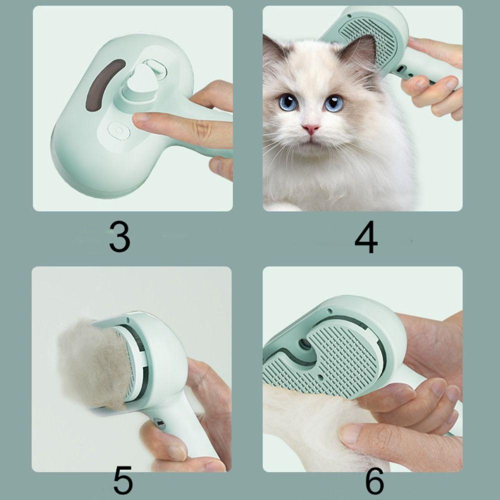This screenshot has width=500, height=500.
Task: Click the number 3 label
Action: point(119,236)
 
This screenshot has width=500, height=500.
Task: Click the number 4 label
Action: point(366,237)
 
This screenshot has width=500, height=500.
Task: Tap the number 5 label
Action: point(123,480)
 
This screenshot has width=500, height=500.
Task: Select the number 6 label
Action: point(374,480)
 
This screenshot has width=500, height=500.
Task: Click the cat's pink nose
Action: point(311,129)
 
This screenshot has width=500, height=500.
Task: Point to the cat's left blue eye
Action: point(288,102)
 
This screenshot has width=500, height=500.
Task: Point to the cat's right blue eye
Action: point(333,103)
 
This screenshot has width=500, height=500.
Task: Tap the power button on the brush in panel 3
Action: point(119,130)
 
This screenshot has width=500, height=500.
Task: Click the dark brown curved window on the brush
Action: point(104,85)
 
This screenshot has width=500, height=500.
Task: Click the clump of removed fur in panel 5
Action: point(93,364)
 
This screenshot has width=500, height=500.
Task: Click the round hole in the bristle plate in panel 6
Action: point(304,344)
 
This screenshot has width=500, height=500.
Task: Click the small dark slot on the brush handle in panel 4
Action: point(401,68)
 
